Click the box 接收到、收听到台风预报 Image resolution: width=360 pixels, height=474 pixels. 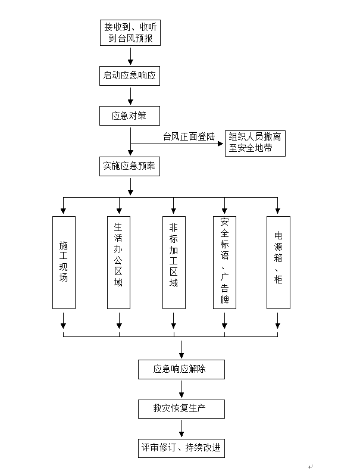pos(130,32)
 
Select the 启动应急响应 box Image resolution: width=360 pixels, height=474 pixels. pos(130,76)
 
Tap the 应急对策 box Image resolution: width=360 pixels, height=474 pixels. pos(130,116)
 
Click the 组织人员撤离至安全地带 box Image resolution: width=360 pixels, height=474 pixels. pos(255,144)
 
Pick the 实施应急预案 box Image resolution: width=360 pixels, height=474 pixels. pos(130,167)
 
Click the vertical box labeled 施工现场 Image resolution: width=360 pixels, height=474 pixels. pos(64,262)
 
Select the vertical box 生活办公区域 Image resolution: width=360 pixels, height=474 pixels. pos(118,262)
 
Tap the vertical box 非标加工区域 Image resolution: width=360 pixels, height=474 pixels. pos(173,262)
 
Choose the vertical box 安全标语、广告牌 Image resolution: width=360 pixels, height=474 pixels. pos(224,262)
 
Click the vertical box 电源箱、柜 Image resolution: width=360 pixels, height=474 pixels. pos(278,262)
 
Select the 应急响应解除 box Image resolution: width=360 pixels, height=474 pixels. pos(181,369)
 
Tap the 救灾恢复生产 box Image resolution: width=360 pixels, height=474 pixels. pos(181,408)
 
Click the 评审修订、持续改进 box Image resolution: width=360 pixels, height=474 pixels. pos(181,448)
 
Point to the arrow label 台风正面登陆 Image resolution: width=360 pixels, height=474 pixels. pos(189,136)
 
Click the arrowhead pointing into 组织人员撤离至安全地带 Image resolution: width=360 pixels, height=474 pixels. pos(221,144)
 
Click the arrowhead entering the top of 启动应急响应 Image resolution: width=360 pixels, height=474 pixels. pos(130,62)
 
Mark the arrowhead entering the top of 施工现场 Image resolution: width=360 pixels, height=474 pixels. pos(64,211)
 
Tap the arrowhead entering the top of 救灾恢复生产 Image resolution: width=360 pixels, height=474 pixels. pos(181,395)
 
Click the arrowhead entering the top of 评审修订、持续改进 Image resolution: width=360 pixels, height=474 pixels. pos(181,435)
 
